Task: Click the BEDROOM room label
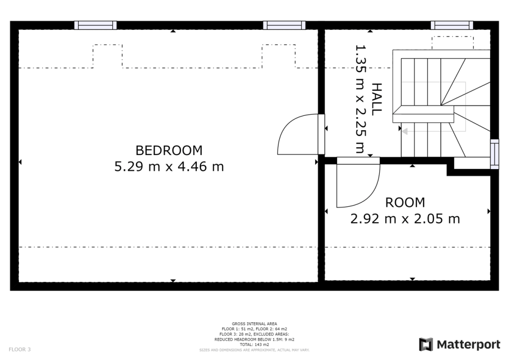coord(169,150)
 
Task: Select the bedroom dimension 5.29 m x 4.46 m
coord(169,167)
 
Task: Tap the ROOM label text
coord(405,202)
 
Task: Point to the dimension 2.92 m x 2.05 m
coord(405,219)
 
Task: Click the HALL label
coord(377,99)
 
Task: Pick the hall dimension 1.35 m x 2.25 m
coord(360,99)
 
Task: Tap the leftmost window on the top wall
coord(95,25)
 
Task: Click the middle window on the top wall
coord(284,25)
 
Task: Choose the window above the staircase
coord(452,25)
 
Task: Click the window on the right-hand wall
coord(494,154)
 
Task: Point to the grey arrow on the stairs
coord(405,132)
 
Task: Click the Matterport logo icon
coord(426,345)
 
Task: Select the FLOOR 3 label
coord(20,349)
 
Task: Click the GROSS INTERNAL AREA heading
coord(254,324)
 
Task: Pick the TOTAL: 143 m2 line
coord(254,345)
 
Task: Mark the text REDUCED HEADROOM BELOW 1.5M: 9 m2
coord(254,340)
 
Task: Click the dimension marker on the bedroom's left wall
coord(20,162)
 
